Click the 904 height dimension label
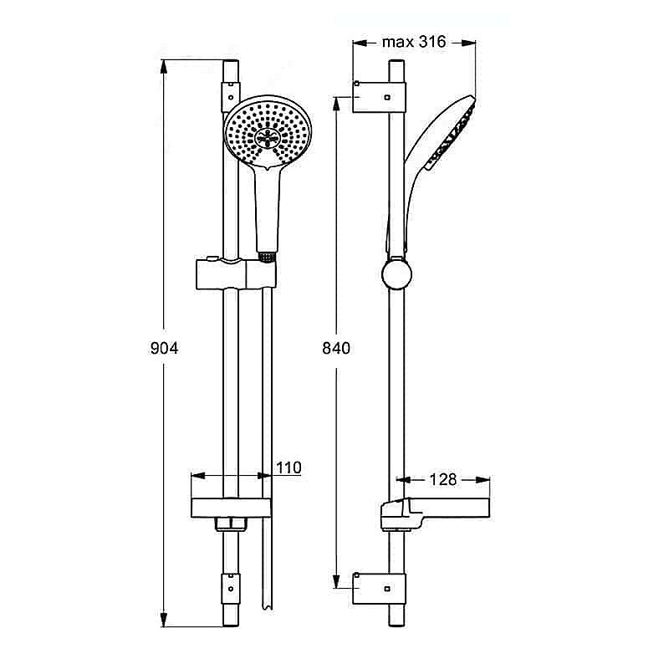pos(164,348)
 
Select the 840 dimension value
pos(336,348)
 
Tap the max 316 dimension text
pos(414,42)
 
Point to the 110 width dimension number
pos(289,467)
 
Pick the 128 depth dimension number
pos(443,479)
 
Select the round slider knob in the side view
pos(396,274)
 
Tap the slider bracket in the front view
pos(236,274)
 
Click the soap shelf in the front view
pos(231,508)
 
